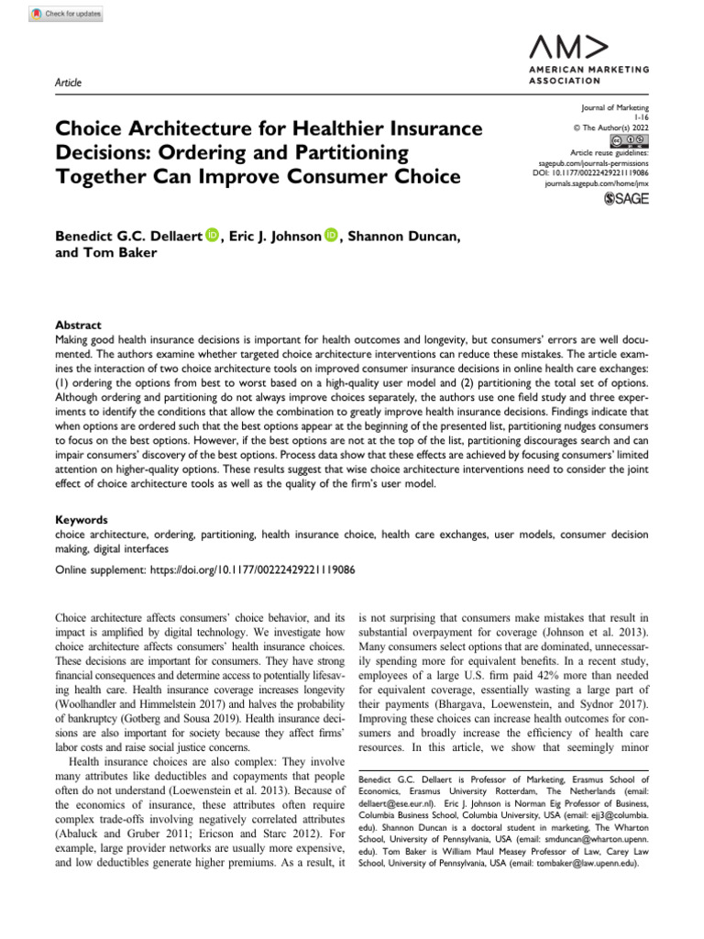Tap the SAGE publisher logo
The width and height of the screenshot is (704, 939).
tap(626, 200)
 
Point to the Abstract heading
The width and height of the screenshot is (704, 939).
tap(78, 325)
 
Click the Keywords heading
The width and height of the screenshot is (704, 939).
tap(82, 518)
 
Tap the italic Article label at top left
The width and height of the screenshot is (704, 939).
tap(68, 83)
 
